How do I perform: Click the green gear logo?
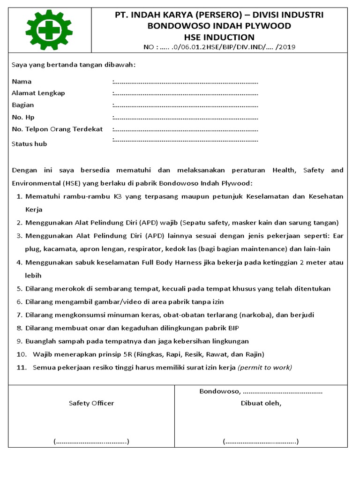(x=49, y=30)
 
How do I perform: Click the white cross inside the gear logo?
(x=49, y=30)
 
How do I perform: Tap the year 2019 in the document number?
(x=287, y=47)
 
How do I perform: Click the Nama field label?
(x=22, y=82)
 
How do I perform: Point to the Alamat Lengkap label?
(x=38, y=93)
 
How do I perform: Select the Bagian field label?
(x=23, y=105)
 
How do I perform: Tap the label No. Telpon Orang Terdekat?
(x=57, y=129)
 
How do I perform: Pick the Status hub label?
(x=29, y=144)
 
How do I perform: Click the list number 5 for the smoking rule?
(x=19, y=289)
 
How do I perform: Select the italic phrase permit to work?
(x=265, y=367)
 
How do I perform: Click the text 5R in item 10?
(x=129, y=354)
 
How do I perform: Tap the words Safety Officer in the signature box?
(x=91, y=403)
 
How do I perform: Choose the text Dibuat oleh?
(x=261, y=403)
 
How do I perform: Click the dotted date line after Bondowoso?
(x=283, y=391)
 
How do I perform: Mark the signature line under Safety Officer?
(x=91, y=442)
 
